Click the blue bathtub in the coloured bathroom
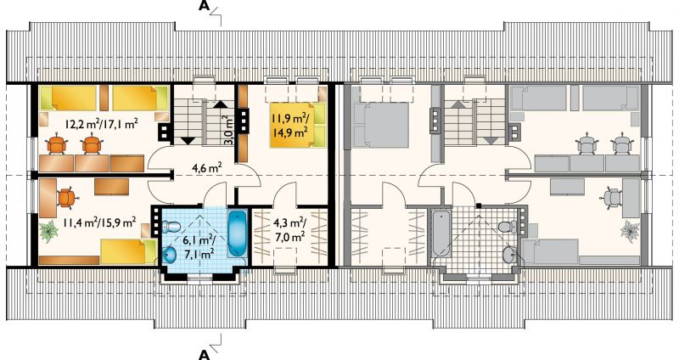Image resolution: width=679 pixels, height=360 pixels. pyautogui.click(x=237, y=233)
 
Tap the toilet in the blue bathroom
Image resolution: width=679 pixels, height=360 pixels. pyautogui.click(x=171, y=226)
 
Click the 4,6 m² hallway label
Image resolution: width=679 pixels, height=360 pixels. pyautogui.click(x=207, y=167)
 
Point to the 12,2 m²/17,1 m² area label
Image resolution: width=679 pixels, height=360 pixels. pyautogui.click(x=101, y=125)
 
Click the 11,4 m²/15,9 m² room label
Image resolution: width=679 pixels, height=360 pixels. pyautogui.click(x=99, y=223)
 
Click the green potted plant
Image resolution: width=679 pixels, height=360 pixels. pyautogui.click(x=48, y=230)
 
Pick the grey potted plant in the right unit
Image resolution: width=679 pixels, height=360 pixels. pyautogui.click(x=629, y=229)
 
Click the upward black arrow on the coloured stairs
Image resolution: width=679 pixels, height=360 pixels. pyautogui.click(x=220, y=104)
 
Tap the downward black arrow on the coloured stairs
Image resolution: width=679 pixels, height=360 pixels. pyautogui.click(x=188, y=140)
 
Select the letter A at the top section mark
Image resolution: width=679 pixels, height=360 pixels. pyautogui.click(x=205, y=6)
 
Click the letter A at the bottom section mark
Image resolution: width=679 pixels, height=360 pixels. pyautogui.click(x=205, y=355)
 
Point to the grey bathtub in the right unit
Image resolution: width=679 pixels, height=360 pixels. pyautogui.click(x=441, y=234)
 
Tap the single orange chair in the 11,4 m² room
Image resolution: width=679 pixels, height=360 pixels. pyautogui.click(x=66, y=198)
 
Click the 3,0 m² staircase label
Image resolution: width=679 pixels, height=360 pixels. pyautogui.click(x=229, y=130)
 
